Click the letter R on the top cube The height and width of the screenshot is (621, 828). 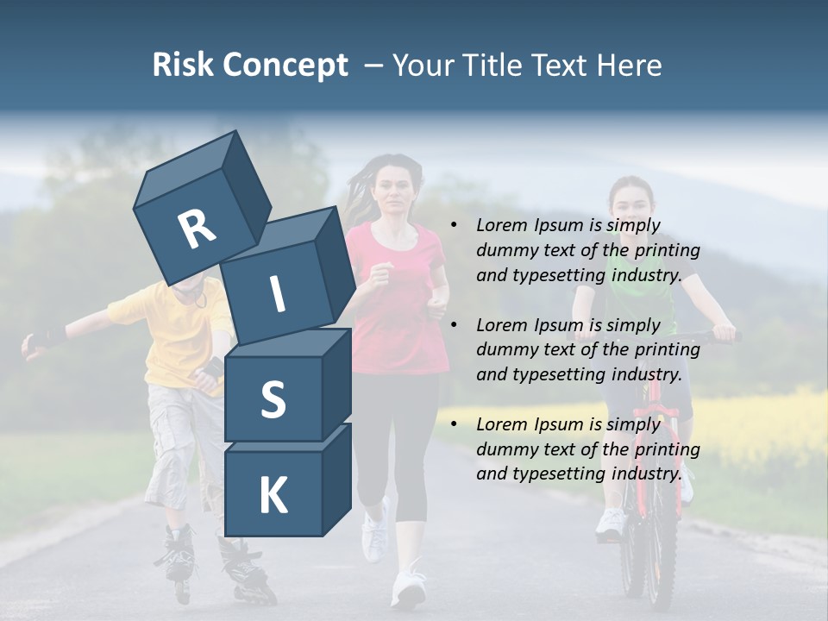tap(197, 229)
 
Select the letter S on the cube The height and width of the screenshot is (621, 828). tap(273, 400)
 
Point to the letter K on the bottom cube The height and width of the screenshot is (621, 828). tap(273, 497)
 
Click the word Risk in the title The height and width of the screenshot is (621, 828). tap(183, 66)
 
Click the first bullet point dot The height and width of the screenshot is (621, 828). tap(453, 226)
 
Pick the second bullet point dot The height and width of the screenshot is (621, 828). tap(453, 326)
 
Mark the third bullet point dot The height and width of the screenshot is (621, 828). tap(453, 424)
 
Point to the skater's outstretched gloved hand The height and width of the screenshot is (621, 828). tap(36, 343)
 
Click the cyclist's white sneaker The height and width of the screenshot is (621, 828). tap(611, 524)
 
